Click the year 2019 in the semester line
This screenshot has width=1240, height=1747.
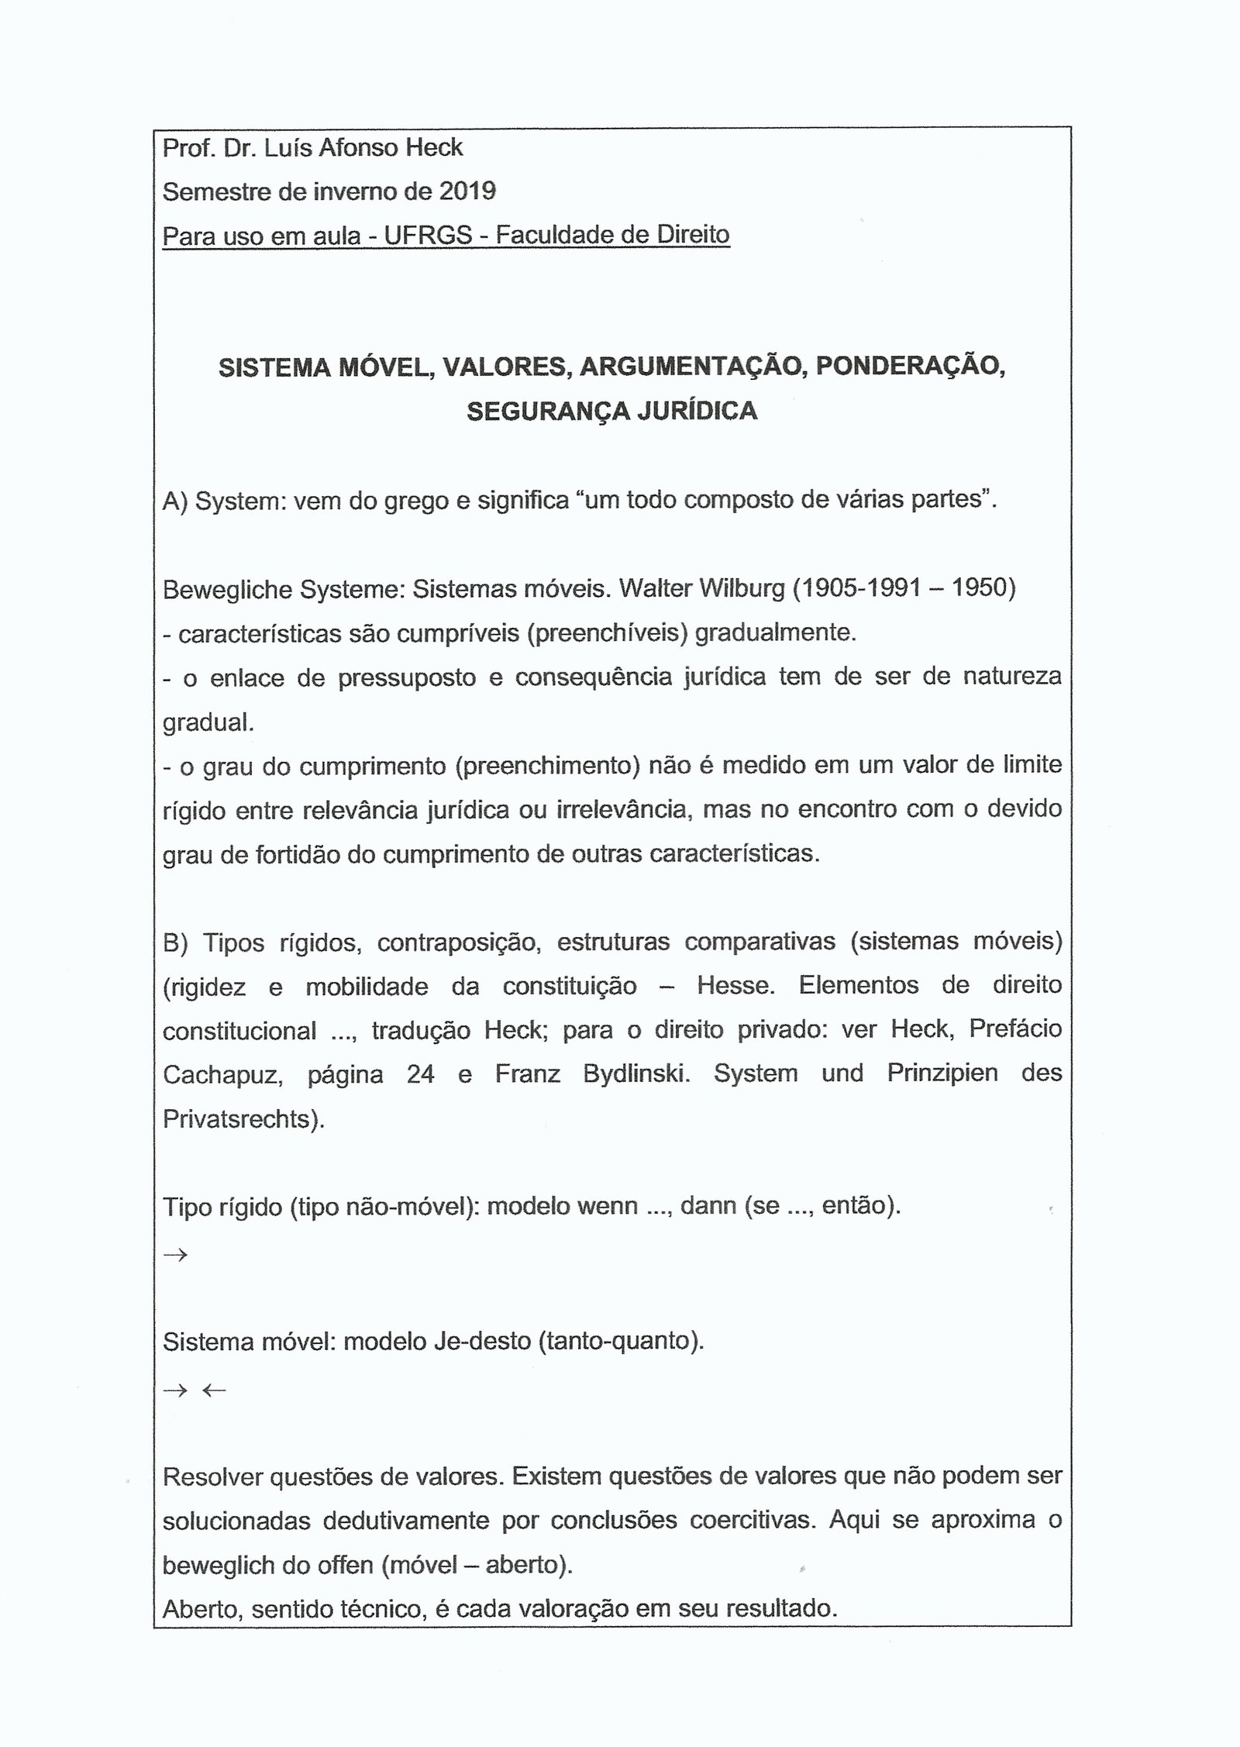(x=467, y=191)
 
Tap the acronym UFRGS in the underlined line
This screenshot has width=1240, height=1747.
(x=428, y=234)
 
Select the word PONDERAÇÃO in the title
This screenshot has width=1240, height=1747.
(x=910, y=367)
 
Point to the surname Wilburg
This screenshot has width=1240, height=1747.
(x=742, y=588)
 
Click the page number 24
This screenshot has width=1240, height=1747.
(x=420, y=1075)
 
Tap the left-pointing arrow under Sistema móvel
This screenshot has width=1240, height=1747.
(x=213, y=1390)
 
